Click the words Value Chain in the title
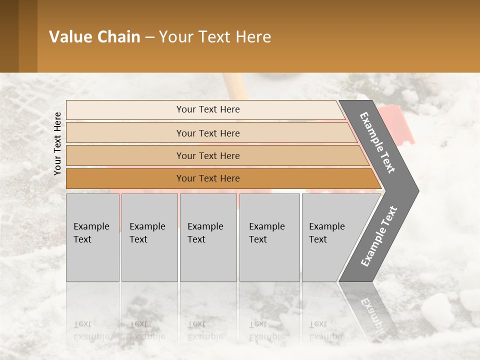click(94, 37)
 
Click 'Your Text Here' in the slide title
click(215, 37)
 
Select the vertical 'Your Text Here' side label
click(57, 143)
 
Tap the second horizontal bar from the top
click(207, 133)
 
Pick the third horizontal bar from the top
click(207, 155)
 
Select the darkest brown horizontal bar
click(207, 178)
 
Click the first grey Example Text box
click(92, 237)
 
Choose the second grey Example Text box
click(149, 237)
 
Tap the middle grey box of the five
click(208, 237)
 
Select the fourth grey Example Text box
click(269, 237)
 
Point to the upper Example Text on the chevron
click(378, 142)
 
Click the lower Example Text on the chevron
click(379, 236)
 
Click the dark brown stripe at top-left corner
click(9, 36)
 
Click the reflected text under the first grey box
click(90, 330)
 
